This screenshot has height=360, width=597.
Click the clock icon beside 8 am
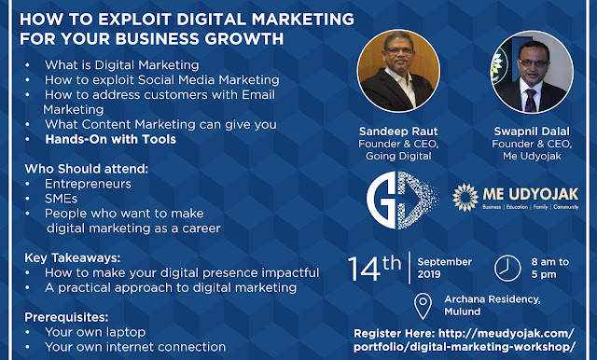point(507,268)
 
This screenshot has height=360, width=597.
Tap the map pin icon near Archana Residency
point(423,306)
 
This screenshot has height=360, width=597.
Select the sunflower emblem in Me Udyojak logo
point(465,197)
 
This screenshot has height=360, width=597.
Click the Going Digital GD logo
point(402,200)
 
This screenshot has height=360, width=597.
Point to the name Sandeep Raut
point(398,132)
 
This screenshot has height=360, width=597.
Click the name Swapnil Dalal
point(532,132)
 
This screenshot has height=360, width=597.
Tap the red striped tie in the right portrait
point(531,101)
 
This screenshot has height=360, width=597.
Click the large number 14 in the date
point(364,269)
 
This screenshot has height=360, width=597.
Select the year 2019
point(429,274)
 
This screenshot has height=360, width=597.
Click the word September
point(444,262)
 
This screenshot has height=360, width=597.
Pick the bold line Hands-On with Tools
point(110,139)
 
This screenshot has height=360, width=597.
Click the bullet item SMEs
point(61,199)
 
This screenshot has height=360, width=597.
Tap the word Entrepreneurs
point(88,184)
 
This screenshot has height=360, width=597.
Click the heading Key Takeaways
point(73,258)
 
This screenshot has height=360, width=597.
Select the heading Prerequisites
point(66,317)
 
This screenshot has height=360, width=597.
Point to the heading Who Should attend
point(87,169)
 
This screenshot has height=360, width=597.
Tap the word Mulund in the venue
point(463,312)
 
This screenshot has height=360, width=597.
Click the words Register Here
point(394,334)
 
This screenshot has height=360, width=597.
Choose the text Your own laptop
point(95,332)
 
